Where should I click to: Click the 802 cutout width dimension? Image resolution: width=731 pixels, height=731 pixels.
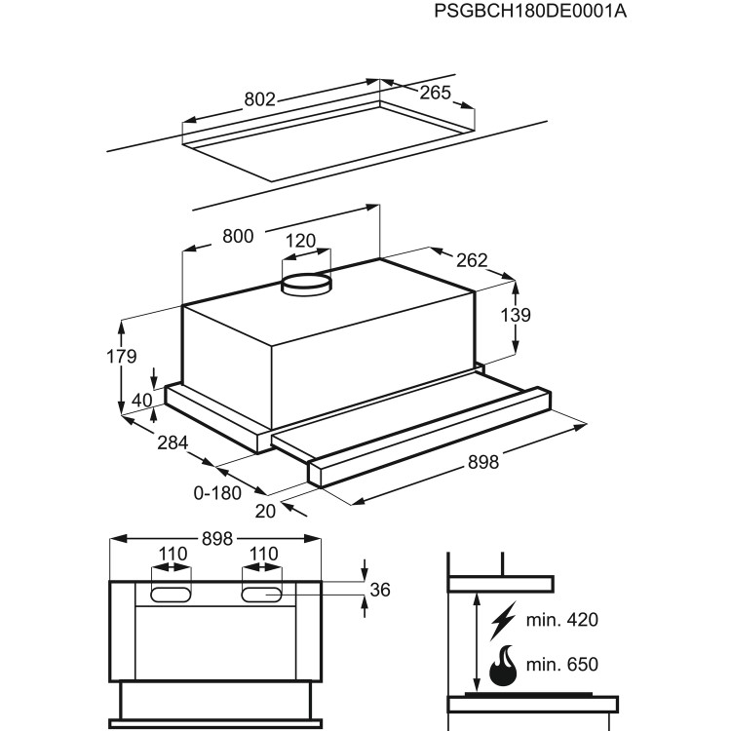[259, 99]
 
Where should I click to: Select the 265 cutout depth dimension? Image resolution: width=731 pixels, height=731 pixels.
[436, 93]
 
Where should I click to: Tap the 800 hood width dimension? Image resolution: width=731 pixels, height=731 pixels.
[238, 236]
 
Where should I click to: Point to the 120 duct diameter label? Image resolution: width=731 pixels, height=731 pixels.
[300, 241]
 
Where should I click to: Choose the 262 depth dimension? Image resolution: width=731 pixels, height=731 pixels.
[471, 260]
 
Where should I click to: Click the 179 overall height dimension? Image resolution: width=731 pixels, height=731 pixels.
[122, 357]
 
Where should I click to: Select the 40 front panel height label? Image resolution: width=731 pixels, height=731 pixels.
[142, 399]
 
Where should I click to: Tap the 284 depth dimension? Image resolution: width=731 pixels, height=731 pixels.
[173, 443]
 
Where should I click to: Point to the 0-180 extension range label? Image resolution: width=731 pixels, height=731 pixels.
[217, 493]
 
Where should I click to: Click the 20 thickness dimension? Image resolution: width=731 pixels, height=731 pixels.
[266, 508]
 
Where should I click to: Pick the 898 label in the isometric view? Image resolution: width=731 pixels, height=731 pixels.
[481, 463]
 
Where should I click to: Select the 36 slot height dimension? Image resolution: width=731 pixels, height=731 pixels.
[381, 590]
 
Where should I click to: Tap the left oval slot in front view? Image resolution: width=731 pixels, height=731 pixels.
[171, 593]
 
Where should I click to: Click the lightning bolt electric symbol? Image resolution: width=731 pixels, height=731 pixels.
[504, 620]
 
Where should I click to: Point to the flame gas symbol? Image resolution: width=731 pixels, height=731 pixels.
[504, 667]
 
